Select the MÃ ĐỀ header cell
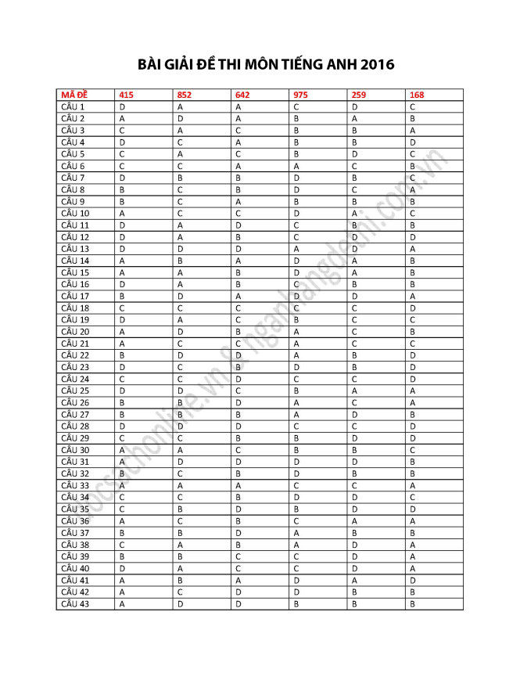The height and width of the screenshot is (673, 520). coord(74,95)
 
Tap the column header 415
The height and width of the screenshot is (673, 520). coord(126,95)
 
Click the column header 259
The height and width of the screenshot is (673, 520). coord(359,95)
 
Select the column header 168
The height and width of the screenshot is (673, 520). coord(417,95)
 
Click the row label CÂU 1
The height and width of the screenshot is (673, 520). coord(73,106)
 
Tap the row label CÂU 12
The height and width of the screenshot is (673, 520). coord(75,236)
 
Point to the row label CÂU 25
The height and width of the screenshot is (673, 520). coord(75,390)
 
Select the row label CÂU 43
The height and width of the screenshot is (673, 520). coord(75,603)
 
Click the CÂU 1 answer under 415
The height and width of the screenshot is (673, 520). coord(122,106)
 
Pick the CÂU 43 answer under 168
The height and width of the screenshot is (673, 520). coord(412,603)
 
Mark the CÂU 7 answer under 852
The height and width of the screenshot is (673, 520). coord(180,178)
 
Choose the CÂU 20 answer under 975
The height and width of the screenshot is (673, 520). coord(296,331)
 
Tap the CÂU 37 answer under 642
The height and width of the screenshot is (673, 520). coord(238,532)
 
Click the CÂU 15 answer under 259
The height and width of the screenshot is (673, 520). coord(354,272)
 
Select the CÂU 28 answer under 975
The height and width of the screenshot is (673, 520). coord(296,426)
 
